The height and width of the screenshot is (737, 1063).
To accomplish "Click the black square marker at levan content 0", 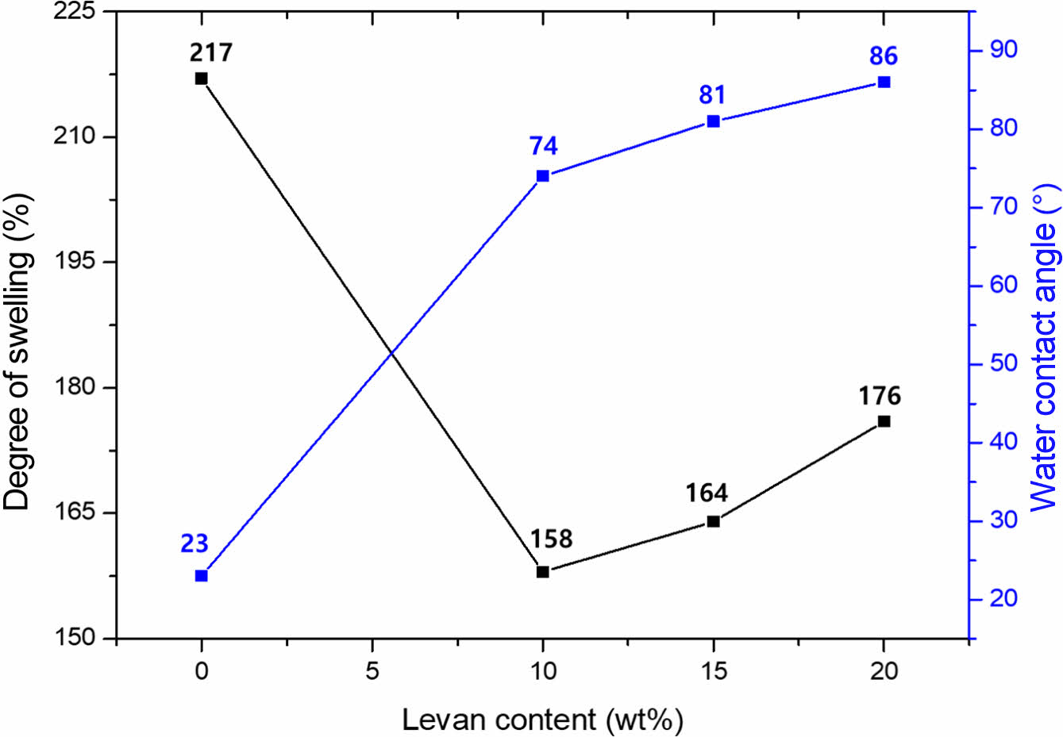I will click(x=202, y=79).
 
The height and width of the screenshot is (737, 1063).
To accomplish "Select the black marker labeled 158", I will click(x=543, y=571).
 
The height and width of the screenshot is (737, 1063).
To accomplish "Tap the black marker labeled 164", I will click(x=713, y=521).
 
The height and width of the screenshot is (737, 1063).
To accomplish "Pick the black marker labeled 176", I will click(x=884, y=421).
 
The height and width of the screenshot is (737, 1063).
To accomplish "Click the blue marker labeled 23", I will click(x=202, y=575).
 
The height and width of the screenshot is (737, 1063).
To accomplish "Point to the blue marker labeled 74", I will click(x=543, y=176).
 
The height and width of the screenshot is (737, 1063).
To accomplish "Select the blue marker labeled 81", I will click(x=713, y=121).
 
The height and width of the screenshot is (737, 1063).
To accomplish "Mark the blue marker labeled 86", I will click(x=884, y=82).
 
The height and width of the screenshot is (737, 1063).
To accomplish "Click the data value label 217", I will click(x=211, y=53).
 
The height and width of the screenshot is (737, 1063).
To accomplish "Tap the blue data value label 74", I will click(x=544, y=147).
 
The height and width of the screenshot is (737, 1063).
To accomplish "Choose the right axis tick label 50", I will click(x=1003, y=363).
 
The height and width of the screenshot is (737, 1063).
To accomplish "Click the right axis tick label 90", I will click(x=1003, y=50).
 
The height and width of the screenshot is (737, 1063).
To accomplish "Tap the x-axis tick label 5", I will click(x=372, y=671).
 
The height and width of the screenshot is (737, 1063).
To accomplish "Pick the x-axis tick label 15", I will click(x=713, y=671).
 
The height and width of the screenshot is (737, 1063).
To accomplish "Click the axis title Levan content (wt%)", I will click(x=542, y=720).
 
